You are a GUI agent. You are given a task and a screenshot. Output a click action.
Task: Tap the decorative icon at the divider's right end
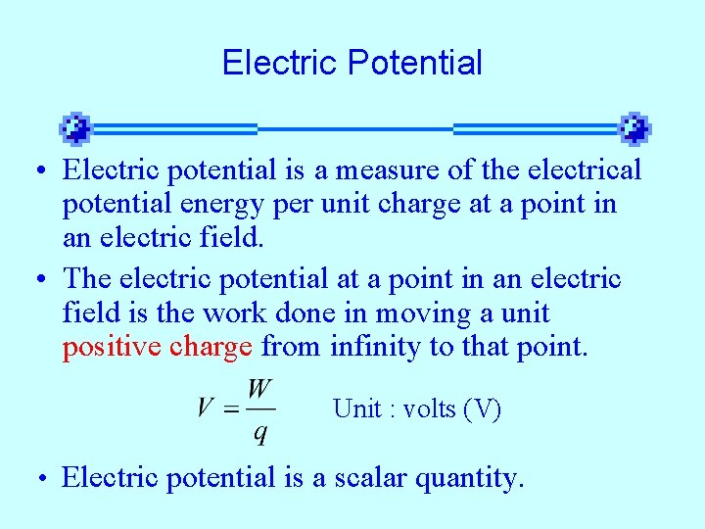[634, 128]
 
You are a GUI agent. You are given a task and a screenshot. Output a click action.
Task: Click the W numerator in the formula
[259, 390]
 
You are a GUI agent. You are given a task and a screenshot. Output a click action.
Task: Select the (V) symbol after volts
[484, 409]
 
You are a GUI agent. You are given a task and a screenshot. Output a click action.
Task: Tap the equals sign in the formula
[231, 409]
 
